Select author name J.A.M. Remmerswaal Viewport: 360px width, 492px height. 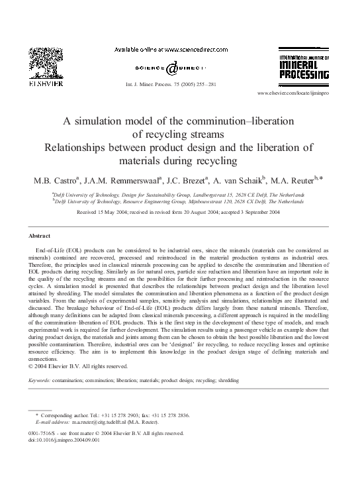127,181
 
